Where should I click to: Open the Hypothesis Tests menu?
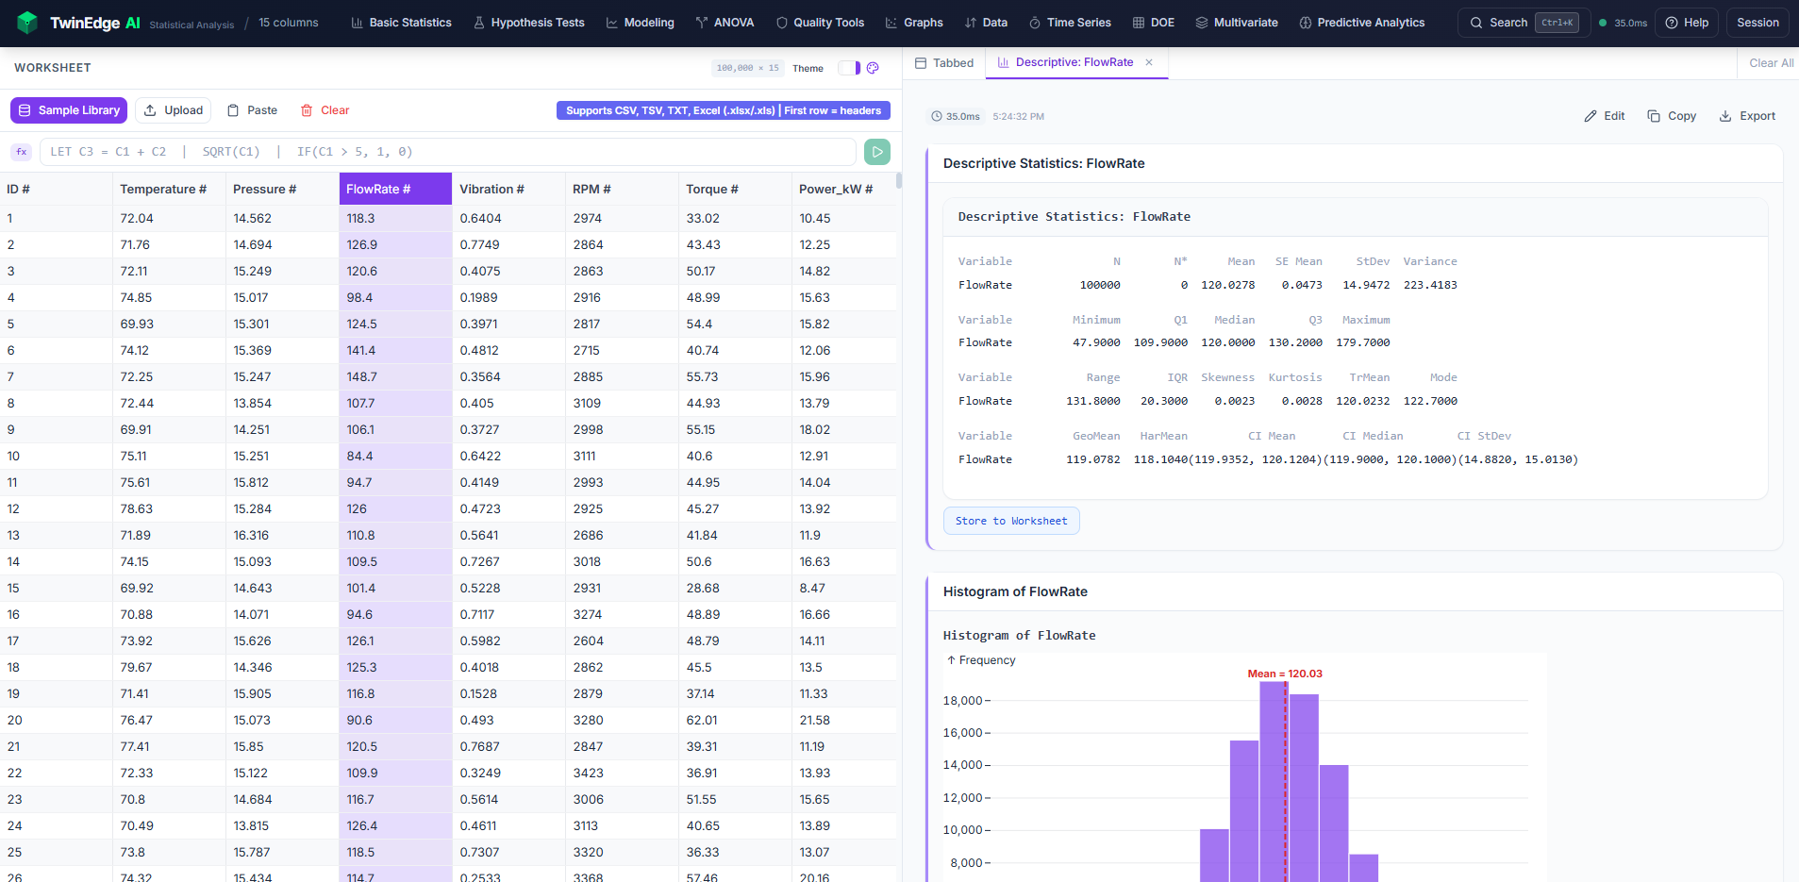pos(528,23)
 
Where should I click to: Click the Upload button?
pos(174,110)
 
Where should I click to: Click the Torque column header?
pos(712,189)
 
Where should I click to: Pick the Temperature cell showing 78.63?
pos(137,508)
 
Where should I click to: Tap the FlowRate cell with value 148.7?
pos(361,376)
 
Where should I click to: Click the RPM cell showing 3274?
pos(587,614)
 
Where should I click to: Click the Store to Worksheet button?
pos(1011,521)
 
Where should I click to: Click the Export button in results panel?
pos(1747,116)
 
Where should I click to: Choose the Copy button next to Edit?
pos(1672,116)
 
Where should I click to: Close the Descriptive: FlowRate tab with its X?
pos(1149,62)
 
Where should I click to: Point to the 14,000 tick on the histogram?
pos(963,765)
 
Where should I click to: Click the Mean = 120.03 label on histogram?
pos(1285,674)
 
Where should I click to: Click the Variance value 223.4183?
pos(1430,285)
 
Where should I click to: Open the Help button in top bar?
pos(1687,23)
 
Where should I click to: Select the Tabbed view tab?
pos(944,63)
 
